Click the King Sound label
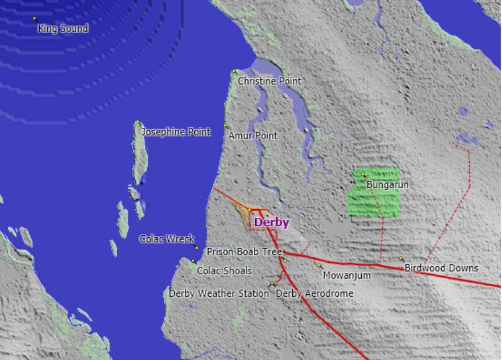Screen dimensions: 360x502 [63, 29]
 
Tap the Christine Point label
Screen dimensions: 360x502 [269, 81]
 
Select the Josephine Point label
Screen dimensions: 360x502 [176, 132]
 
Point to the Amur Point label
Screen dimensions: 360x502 [253, 135]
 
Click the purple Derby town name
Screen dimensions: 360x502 [272, 223]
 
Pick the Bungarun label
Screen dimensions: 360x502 [388, 185]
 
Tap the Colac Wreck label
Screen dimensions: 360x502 [167, 238]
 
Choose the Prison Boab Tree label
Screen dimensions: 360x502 [244, 252]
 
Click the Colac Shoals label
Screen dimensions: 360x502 [224, 271]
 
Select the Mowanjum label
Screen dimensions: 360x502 [347, 275]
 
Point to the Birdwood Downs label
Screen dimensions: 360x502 [441, 268]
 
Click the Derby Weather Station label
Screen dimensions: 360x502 [219, 294]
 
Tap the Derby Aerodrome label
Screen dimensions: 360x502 [315, 294]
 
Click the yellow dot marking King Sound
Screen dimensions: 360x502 [35, 19]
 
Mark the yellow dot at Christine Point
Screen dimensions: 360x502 [234, 71]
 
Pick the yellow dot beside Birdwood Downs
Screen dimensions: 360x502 [401, 258]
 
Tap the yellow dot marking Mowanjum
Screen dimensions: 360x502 [320, 266]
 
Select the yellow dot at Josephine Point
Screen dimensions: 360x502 [137, 122]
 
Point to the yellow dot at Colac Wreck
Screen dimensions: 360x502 [197, 247]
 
